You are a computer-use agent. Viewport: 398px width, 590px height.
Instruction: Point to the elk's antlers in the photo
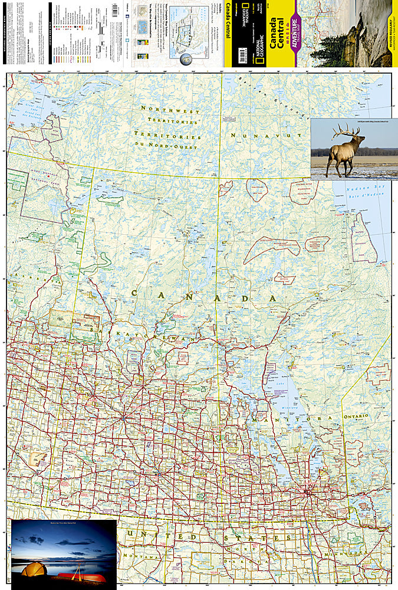click(345, 131)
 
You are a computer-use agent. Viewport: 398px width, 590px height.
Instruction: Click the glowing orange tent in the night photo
click(35, 570)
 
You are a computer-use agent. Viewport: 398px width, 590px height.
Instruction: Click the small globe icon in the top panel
click(186, 58)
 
